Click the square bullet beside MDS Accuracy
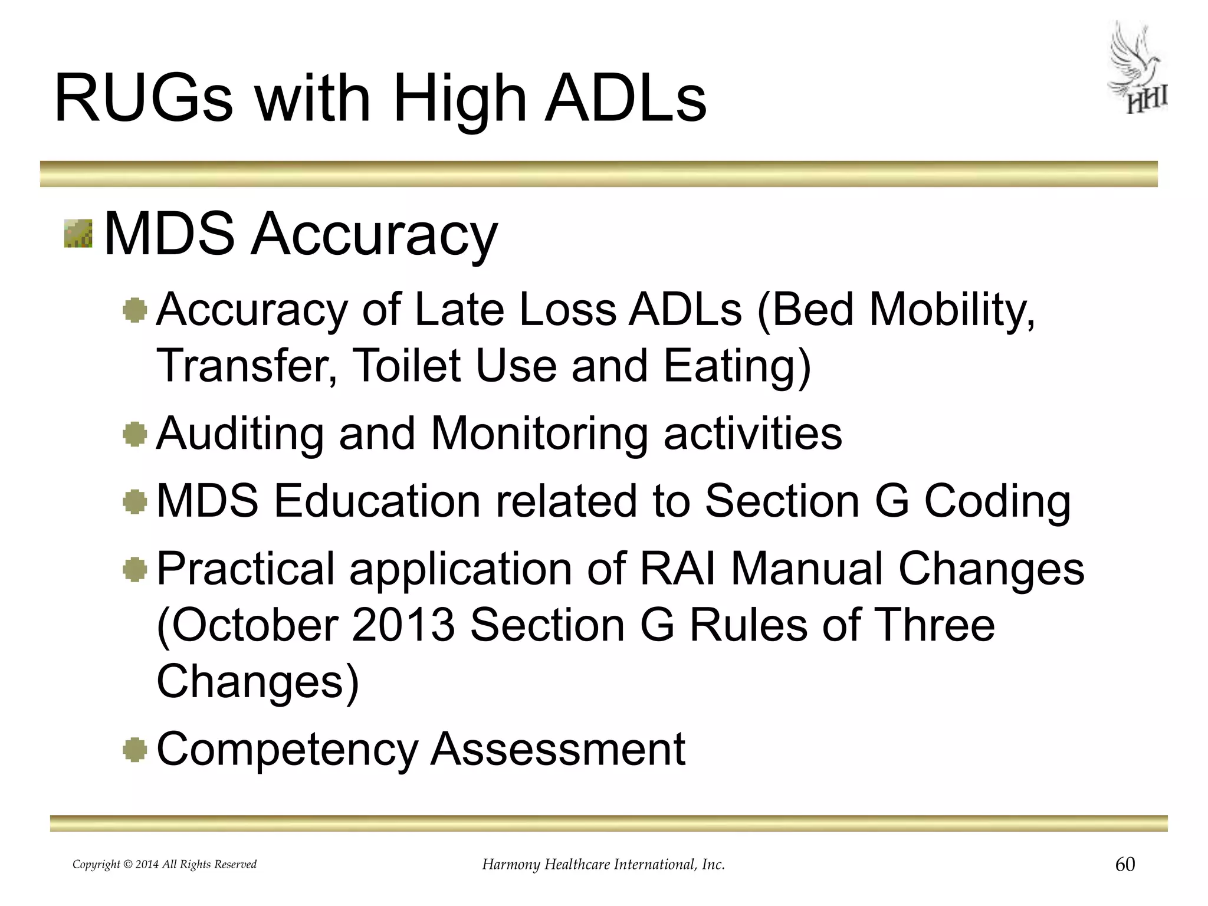78,234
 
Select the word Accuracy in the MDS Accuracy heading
374,235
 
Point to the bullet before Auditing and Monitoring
135,435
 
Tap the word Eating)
737,366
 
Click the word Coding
997,501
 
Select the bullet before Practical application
135,570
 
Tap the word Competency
287,749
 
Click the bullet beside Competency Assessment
135,750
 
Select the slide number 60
1125,864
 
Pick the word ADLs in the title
625,99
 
